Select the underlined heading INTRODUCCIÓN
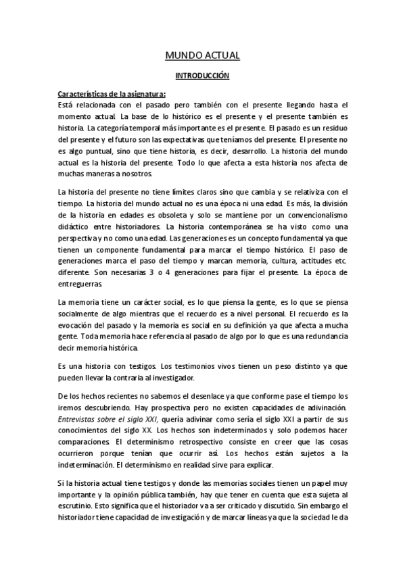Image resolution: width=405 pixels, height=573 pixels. (x=202, y=76)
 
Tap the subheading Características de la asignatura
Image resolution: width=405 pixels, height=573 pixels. (x=112, y=95)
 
